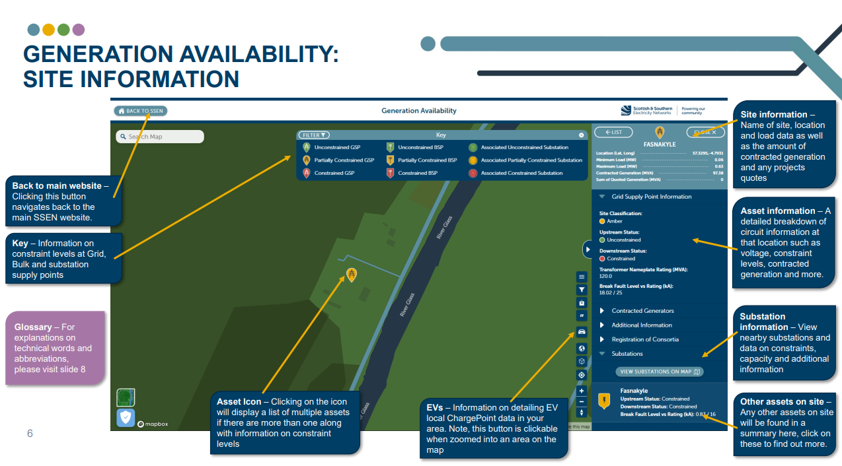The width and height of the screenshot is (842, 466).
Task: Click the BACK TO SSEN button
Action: pos(141,111)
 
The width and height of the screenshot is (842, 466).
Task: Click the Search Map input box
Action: pos(160,137)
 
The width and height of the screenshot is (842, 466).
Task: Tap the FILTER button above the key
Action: pos(315,135)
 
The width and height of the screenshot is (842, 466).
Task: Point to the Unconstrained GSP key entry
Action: pos(336,147)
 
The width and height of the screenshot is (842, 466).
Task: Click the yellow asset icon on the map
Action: pos(352,275)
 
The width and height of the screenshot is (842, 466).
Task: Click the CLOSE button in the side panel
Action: pos(705,132)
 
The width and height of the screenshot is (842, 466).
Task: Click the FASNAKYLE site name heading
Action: pos(660,144)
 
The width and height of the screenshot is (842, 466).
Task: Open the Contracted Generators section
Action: pos(642,310)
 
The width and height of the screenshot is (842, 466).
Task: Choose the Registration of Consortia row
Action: pos(644,339)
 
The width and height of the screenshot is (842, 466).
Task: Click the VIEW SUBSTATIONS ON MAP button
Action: pos(660,372)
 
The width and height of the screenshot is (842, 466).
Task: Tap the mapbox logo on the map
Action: pos(154,424)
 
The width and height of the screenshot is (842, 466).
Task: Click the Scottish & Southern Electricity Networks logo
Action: pos(648,110)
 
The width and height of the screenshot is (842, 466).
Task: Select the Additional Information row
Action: pos(641,325)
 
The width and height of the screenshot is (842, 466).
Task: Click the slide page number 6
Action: pos(30,434)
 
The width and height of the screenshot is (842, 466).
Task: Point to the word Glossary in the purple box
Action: pos(33,327)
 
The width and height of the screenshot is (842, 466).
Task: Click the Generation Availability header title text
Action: pos(419,111)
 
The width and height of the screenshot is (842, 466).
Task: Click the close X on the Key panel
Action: pos(582,135)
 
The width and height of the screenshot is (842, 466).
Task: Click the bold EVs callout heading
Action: pos(436,407)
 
